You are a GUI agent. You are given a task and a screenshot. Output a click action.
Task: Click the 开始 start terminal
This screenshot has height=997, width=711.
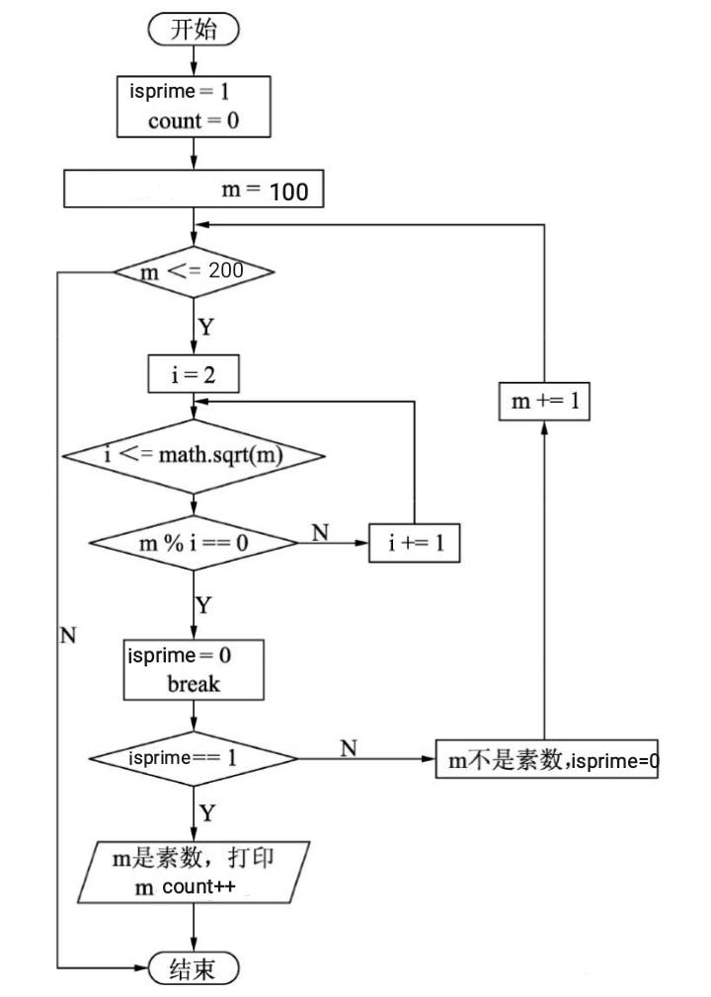(x=194, y=30)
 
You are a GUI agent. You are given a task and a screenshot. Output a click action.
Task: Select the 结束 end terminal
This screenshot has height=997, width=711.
(x=194, y=966)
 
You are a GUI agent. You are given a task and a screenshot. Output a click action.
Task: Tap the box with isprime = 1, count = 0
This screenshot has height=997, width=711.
(x=194, y=107)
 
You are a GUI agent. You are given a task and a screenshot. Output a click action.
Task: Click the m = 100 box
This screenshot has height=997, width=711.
(x=194, y=190)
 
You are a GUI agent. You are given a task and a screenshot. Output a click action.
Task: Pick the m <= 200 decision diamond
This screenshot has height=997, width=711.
(x=194, y=270)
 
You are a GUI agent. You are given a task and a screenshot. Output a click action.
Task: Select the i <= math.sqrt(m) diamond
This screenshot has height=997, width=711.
(x=194, y=456)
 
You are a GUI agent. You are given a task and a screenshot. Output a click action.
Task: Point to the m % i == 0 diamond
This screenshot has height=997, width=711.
(x=194, y=543)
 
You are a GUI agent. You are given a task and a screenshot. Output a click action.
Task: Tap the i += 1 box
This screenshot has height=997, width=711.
(x=415, y=543)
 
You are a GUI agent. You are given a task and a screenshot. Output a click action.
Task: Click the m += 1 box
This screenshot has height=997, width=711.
(x=543, y=403)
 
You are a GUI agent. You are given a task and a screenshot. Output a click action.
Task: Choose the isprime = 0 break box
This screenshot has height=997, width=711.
(x=194, y=670)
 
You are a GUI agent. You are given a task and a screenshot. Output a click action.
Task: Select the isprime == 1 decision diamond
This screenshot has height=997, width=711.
(x=194, y=758)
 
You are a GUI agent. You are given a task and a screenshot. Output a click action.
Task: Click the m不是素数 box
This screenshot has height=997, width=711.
(x=547, y=760)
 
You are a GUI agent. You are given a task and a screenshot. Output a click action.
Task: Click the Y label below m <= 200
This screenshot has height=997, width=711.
(x=205, y=327)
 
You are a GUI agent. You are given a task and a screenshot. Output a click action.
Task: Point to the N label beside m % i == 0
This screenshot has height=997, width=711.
(x=319, y=532)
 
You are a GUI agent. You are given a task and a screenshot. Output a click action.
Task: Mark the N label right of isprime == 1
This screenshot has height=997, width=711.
(x=348, y=748)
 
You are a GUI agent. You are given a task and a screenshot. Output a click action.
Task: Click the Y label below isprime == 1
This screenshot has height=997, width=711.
(x=206, y=812)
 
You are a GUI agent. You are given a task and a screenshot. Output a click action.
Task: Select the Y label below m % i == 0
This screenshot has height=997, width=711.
(x=203, y=605)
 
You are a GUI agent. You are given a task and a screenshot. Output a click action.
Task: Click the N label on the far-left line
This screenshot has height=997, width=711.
(x=67, y=635)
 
